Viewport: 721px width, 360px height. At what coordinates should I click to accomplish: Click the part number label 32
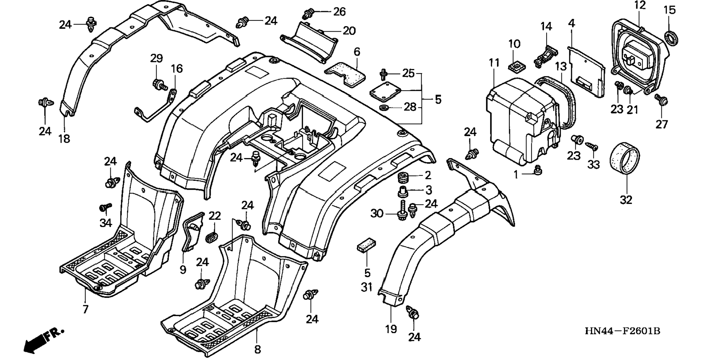626,200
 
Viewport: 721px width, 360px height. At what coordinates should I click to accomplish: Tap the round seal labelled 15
671,38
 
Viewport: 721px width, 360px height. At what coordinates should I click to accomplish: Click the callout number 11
494,63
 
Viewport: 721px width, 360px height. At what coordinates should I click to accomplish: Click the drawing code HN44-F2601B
622,331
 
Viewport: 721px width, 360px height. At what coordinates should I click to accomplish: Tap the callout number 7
85,309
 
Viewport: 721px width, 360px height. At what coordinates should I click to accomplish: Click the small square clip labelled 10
514,66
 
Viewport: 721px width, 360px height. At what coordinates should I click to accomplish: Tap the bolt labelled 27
661,100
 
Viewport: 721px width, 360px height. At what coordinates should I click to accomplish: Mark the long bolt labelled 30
403,211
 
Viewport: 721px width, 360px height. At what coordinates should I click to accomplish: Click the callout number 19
391,329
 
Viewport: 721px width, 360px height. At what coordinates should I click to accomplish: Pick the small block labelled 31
366,245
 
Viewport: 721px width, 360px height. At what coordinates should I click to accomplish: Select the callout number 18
64,139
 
